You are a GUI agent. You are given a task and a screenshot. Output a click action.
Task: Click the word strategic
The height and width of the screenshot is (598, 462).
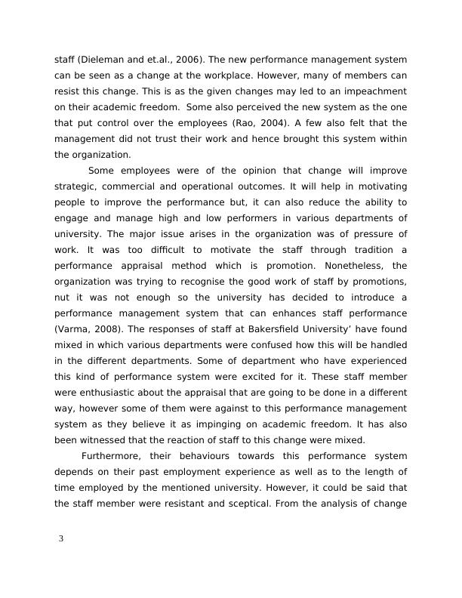(77, 186)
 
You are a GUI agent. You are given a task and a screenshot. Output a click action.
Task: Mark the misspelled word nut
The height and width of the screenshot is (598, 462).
(63, 297)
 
